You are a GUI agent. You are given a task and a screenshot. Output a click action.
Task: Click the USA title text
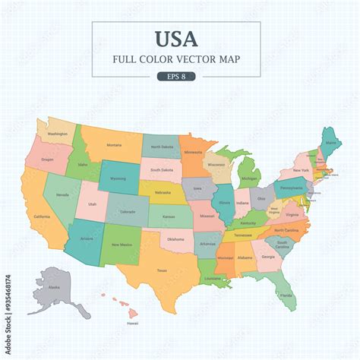coord(176,39)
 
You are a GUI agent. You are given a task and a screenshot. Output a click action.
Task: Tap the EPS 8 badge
coord(175,76)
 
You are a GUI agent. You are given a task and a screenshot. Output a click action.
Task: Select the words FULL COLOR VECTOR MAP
coord(176,59)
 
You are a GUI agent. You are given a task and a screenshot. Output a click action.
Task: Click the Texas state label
coord(162,270)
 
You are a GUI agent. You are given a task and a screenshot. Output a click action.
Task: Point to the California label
coord(43,216)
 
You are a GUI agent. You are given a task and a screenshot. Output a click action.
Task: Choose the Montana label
coord(114,145)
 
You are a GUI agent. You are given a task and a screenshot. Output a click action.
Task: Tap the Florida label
coord(285,295)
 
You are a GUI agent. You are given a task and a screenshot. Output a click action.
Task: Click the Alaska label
coord(54,288)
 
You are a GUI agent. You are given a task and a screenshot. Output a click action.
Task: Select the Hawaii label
coord(132,323)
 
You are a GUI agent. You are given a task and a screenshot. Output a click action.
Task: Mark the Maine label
coord(333,142)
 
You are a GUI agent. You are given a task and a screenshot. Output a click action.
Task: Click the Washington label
coord(57,134)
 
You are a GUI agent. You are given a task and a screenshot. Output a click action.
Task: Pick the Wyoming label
coord(118,178)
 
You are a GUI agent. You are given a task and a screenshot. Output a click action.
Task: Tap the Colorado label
coord(127,212)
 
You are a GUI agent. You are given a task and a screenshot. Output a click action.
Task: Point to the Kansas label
coord(169,217)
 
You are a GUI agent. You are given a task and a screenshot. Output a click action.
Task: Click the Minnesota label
coord(193,152)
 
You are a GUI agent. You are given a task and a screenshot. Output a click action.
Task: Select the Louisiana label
coord(212,278)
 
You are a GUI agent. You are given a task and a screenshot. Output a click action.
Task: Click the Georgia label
coord(268,257)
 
